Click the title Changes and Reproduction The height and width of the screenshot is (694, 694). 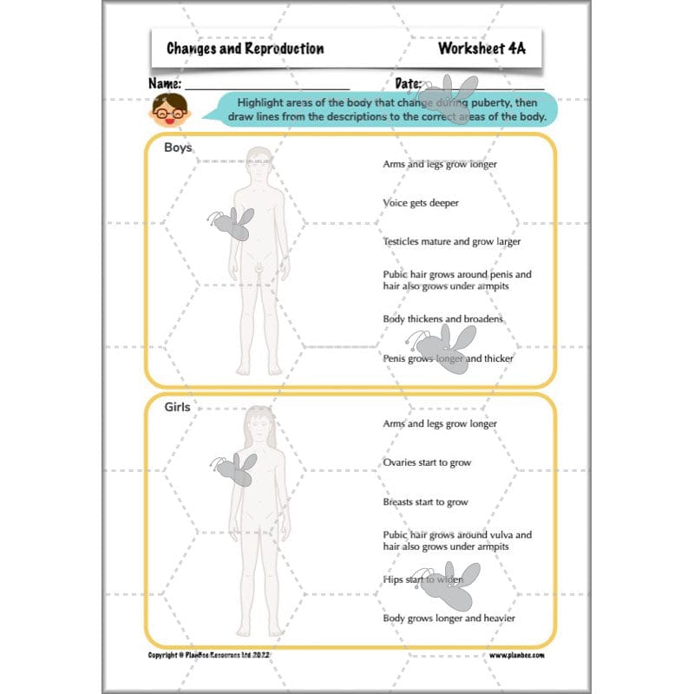pos(246,49)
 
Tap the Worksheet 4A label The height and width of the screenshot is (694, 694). pos(481,49)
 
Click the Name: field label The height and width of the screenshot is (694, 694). pos(165,84)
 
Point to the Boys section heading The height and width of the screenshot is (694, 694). pos(178,147)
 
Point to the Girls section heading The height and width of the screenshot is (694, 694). pos(177,406)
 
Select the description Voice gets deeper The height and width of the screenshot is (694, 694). pos(421,203)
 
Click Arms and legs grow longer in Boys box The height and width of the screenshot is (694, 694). pos(440,163)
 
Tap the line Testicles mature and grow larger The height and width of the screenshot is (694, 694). pos(452,242)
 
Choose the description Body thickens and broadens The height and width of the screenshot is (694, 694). pos(443,319)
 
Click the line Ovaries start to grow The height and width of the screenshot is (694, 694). pos(427,462)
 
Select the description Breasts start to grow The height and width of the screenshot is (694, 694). pos(425,502)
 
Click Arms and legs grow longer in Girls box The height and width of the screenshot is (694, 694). pos(440,424)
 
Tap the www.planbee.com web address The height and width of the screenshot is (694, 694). pos(516,656)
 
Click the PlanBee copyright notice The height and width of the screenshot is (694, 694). pos(211,656)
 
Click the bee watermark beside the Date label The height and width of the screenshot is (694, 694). pos(451,97)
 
